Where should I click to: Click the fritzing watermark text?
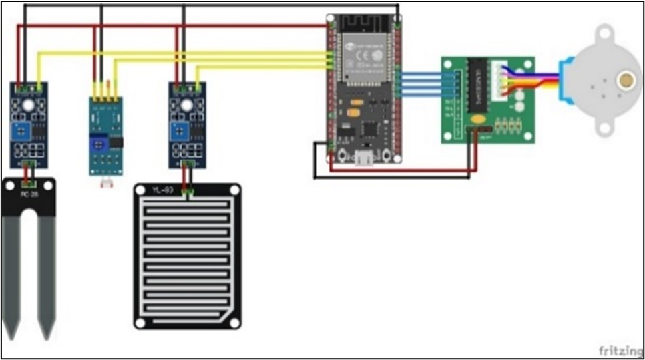tap(616, 349)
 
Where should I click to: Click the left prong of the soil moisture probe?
tap(13, 274)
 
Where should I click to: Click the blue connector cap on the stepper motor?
tap(565, 80)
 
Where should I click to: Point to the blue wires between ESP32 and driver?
tap(421, 83)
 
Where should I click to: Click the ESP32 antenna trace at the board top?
tap(365, 25)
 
